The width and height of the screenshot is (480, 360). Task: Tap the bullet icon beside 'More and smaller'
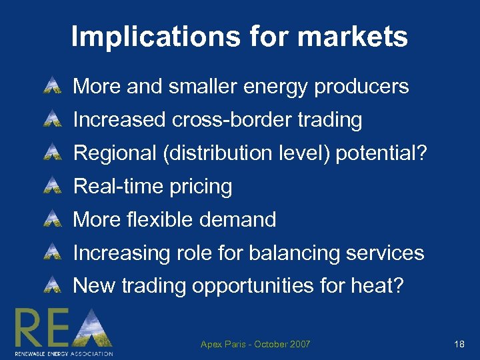click(x=51, y=87)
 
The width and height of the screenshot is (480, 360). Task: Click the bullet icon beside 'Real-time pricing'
click(x=51, y=186)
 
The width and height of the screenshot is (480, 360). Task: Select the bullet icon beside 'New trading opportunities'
click(x=51, y=286)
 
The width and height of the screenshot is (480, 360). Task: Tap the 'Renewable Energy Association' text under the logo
click(x=64, y=353)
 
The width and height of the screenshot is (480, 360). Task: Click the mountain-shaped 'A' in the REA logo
click(x=93, y=328)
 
